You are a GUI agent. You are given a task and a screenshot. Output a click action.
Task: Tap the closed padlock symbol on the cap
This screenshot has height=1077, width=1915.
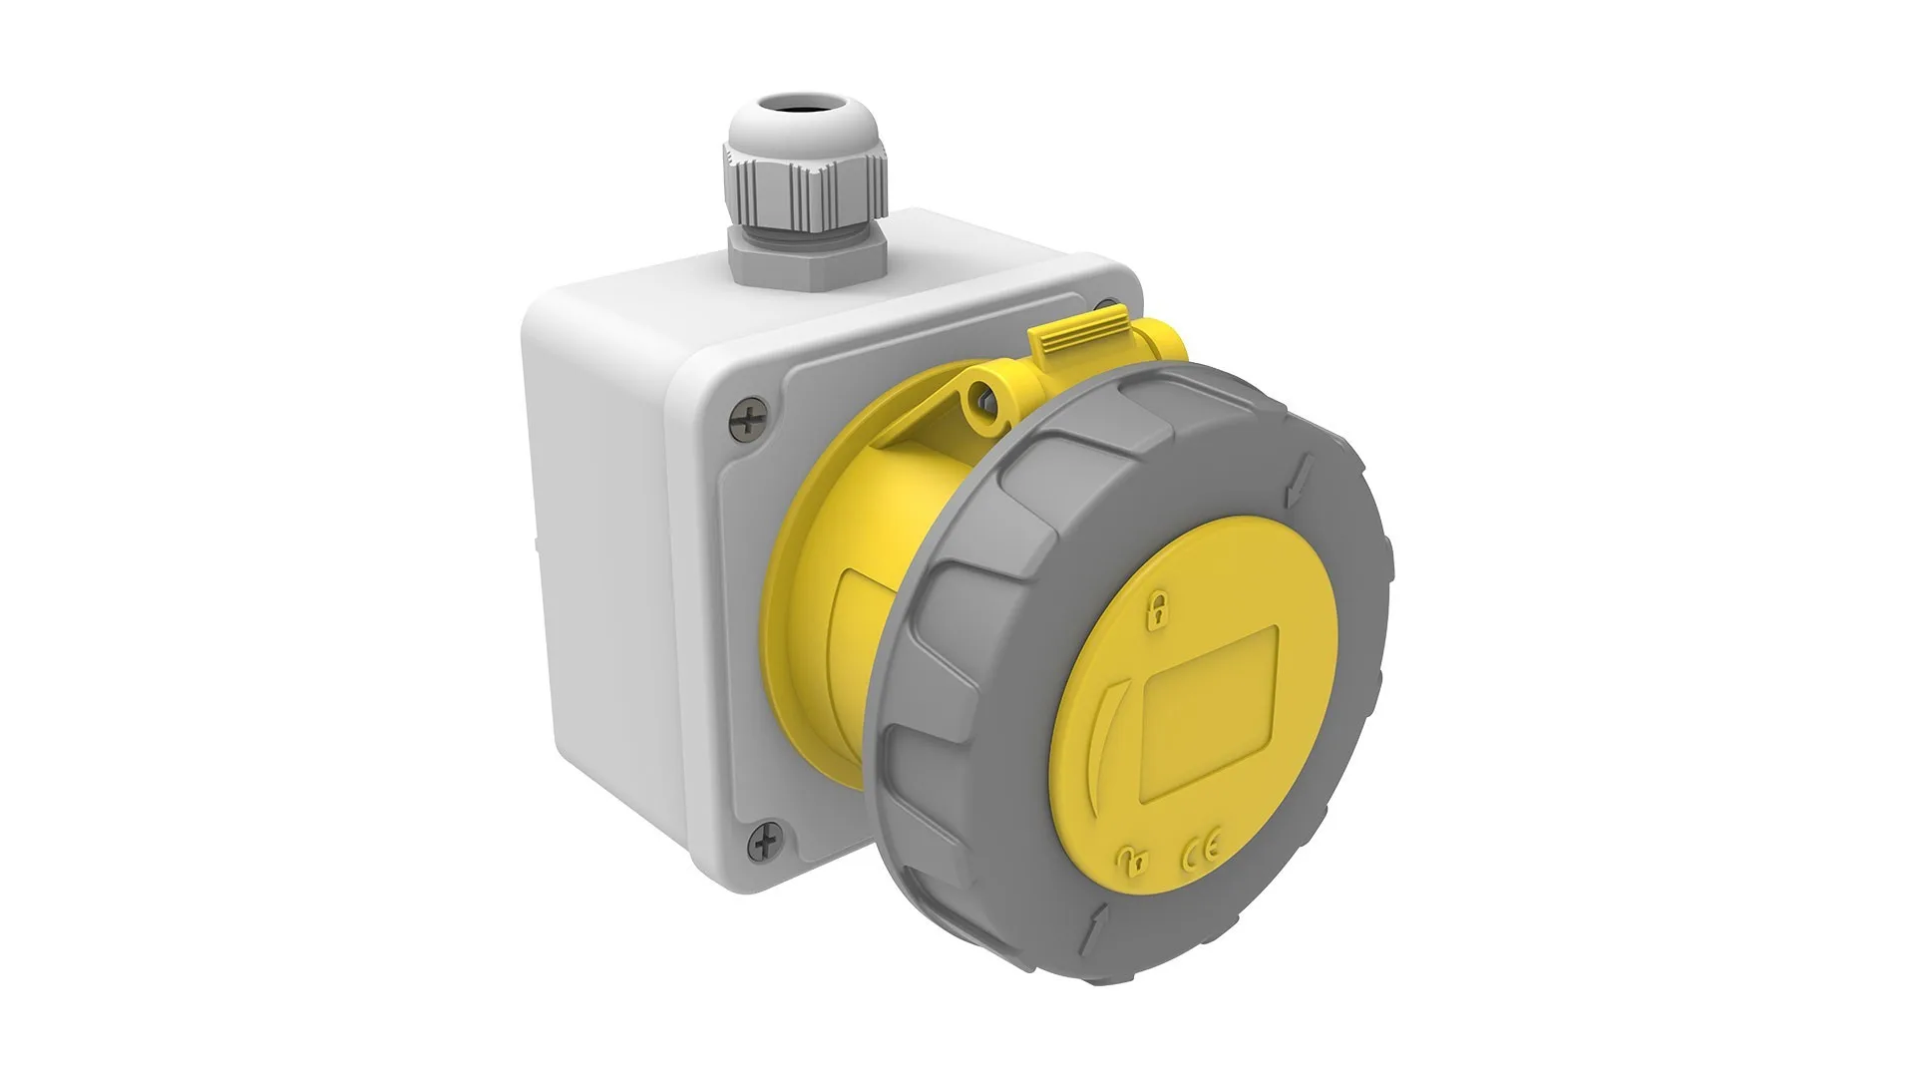click(1158, 609)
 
